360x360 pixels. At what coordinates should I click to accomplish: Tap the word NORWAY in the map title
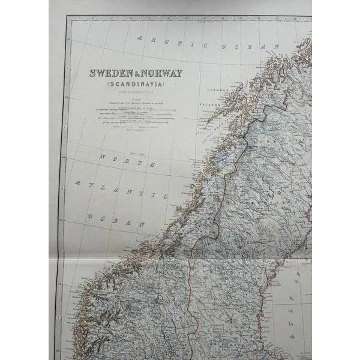pos(163,73)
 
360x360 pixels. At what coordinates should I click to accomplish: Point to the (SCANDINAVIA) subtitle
pos(136,85)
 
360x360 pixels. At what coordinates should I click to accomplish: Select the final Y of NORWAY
pos(179,73)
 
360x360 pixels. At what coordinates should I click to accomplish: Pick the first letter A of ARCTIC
pos(139,38)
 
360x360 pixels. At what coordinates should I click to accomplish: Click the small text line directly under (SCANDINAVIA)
pos(136,92)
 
